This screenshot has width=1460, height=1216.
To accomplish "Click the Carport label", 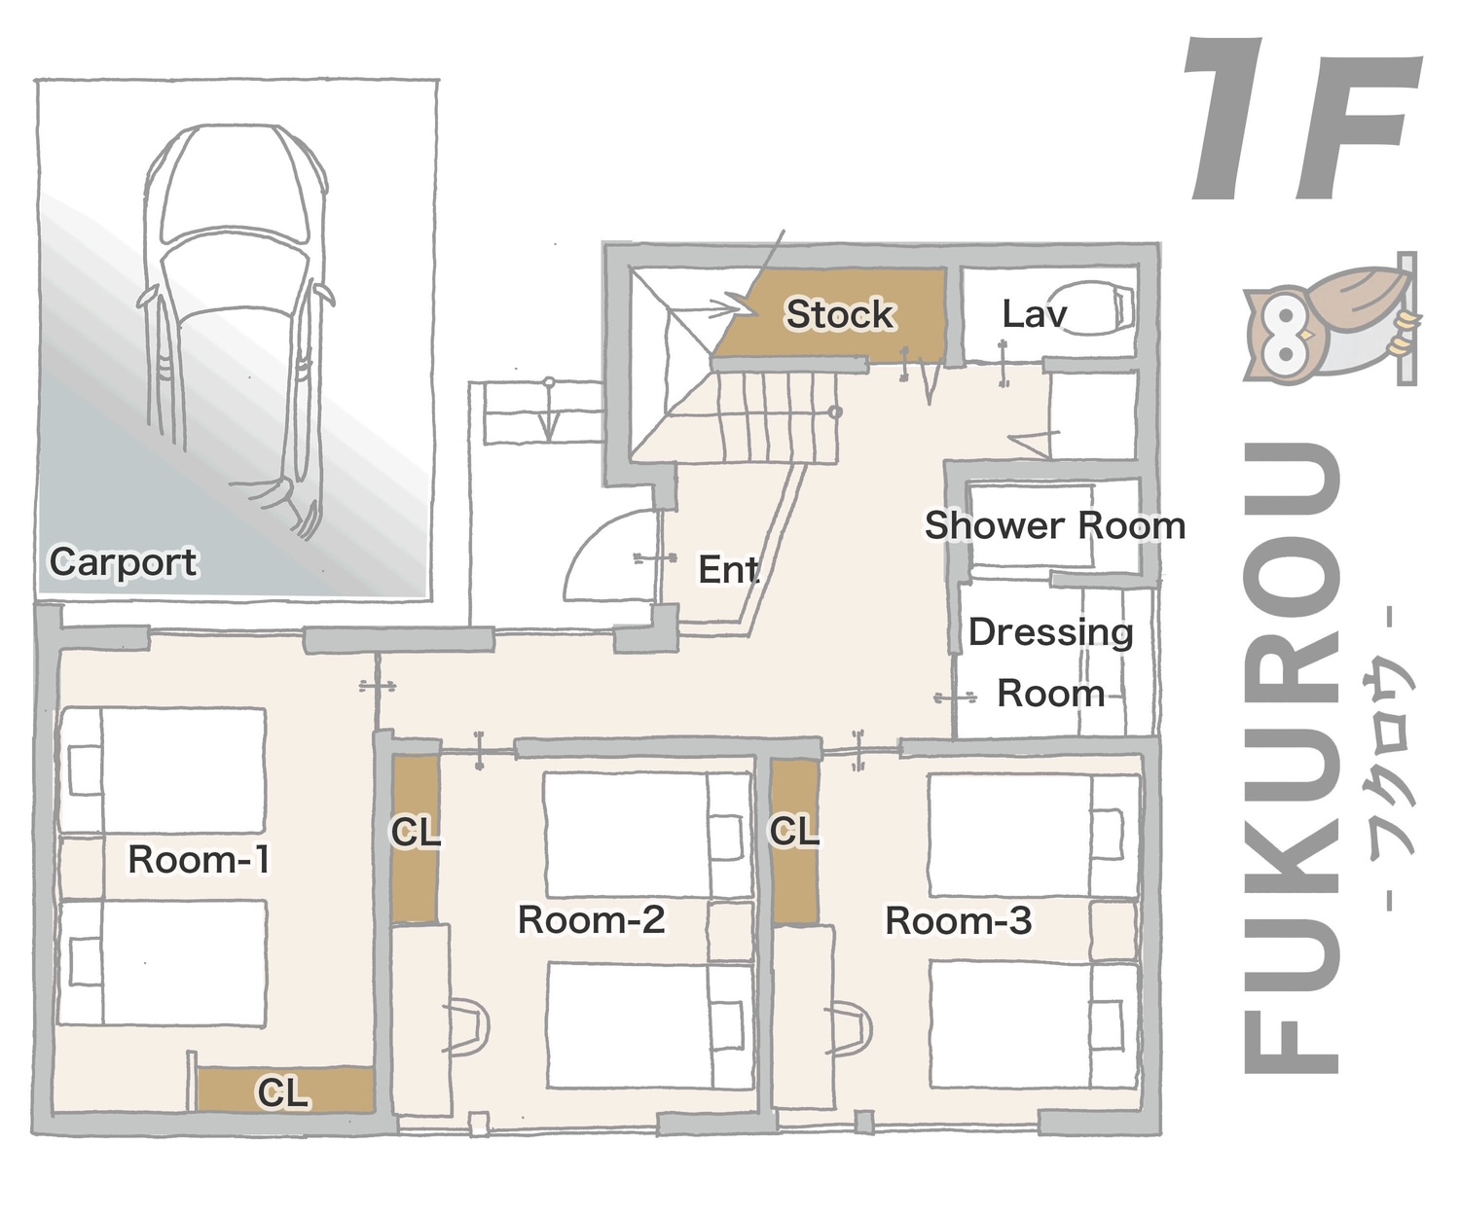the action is coord(124,562).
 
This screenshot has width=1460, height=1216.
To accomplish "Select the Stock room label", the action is coord(839,314).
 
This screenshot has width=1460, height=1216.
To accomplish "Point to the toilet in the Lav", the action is coord(1091,306).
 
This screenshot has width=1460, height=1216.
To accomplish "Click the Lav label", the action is coord(1034,314).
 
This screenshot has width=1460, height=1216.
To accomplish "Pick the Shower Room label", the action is coord(1055,525).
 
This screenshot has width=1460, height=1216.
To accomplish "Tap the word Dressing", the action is coord(1050,633).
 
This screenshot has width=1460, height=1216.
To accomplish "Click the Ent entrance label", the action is coord(729,569).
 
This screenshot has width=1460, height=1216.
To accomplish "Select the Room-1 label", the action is coord(199,859).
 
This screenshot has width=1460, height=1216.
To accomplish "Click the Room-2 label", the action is coord(591,919).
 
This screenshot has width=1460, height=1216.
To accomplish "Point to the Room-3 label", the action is coord(959,920).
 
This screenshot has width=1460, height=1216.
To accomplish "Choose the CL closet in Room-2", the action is coord(415,839).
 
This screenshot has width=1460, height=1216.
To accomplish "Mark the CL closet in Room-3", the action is coord(795,841).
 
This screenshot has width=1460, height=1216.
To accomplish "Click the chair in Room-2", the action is coord(466,1027).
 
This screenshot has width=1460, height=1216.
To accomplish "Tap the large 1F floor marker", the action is coord(1302,119).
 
